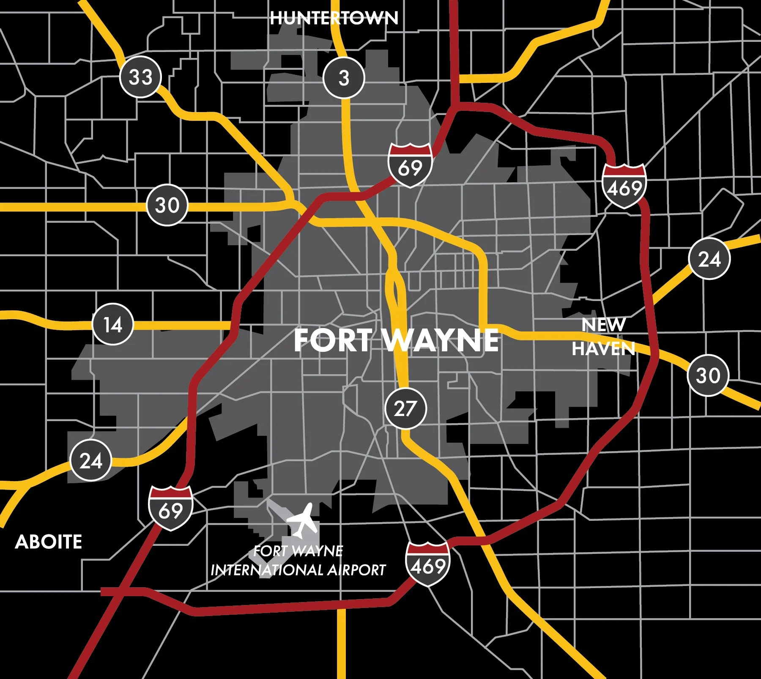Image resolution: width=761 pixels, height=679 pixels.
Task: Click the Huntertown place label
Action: (x=334, y=18)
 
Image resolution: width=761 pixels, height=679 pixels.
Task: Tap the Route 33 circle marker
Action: (x=141, y=77)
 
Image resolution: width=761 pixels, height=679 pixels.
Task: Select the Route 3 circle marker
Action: (x=344, y=78)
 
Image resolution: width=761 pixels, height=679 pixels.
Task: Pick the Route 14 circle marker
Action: (x=113, y=324)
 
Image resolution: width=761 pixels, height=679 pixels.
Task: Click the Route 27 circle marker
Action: (x=405, y=408)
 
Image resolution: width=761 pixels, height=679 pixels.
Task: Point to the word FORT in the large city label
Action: (x=332, y=340)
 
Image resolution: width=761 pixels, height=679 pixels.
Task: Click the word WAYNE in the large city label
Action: (x=441, y=340)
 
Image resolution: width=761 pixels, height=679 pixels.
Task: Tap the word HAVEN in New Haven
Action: (x=603, y=349)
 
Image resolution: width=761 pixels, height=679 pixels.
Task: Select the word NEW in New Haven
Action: (x=603, y=325)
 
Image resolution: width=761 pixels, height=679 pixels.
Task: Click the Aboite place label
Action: (x=49, y=542)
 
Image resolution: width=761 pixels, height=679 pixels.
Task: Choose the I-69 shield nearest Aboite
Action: (x=171, y=508)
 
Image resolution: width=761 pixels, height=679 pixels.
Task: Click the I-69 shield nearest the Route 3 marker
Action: (x=410, y=165)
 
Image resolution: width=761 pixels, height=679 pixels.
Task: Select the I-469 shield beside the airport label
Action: (x=428, y=564)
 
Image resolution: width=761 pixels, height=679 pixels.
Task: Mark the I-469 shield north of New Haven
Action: (x=624, y=186)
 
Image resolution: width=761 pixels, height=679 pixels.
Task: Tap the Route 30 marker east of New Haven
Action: (x=708, y=375)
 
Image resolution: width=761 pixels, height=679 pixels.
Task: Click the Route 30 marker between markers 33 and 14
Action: (x=167, y=205)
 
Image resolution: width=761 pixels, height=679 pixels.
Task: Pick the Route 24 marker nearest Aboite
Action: (x=91, y=460)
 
